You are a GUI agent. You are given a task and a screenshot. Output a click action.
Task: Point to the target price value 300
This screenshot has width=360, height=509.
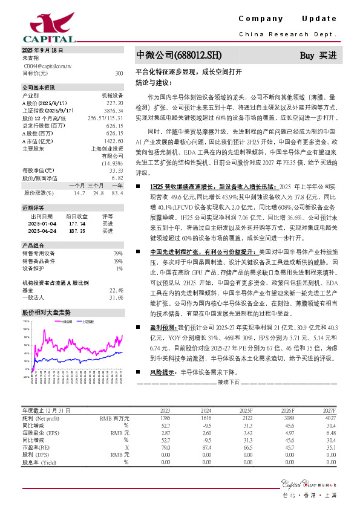click(x=119, y=73)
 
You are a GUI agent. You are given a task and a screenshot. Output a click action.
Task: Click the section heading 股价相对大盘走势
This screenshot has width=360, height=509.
click(x=47, y=313)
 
